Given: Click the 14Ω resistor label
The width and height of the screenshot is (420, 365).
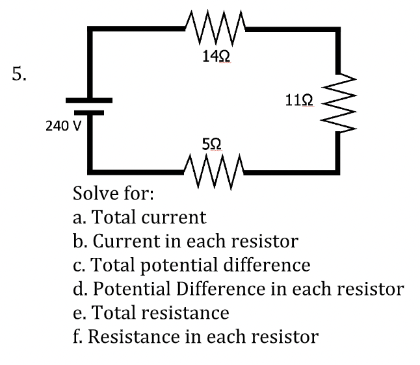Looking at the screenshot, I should coord(214,58).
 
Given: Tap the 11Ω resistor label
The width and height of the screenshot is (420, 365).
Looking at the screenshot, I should coord(300,100).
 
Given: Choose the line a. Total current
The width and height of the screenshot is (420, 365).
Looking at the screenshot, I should coord(139,218).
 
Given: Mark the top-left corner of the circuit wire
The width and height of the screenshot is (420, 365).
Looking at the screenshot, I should coord(90,30).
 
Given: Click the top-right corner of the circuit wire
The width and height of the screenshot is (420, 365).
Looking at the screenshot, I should coord(338,30).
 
